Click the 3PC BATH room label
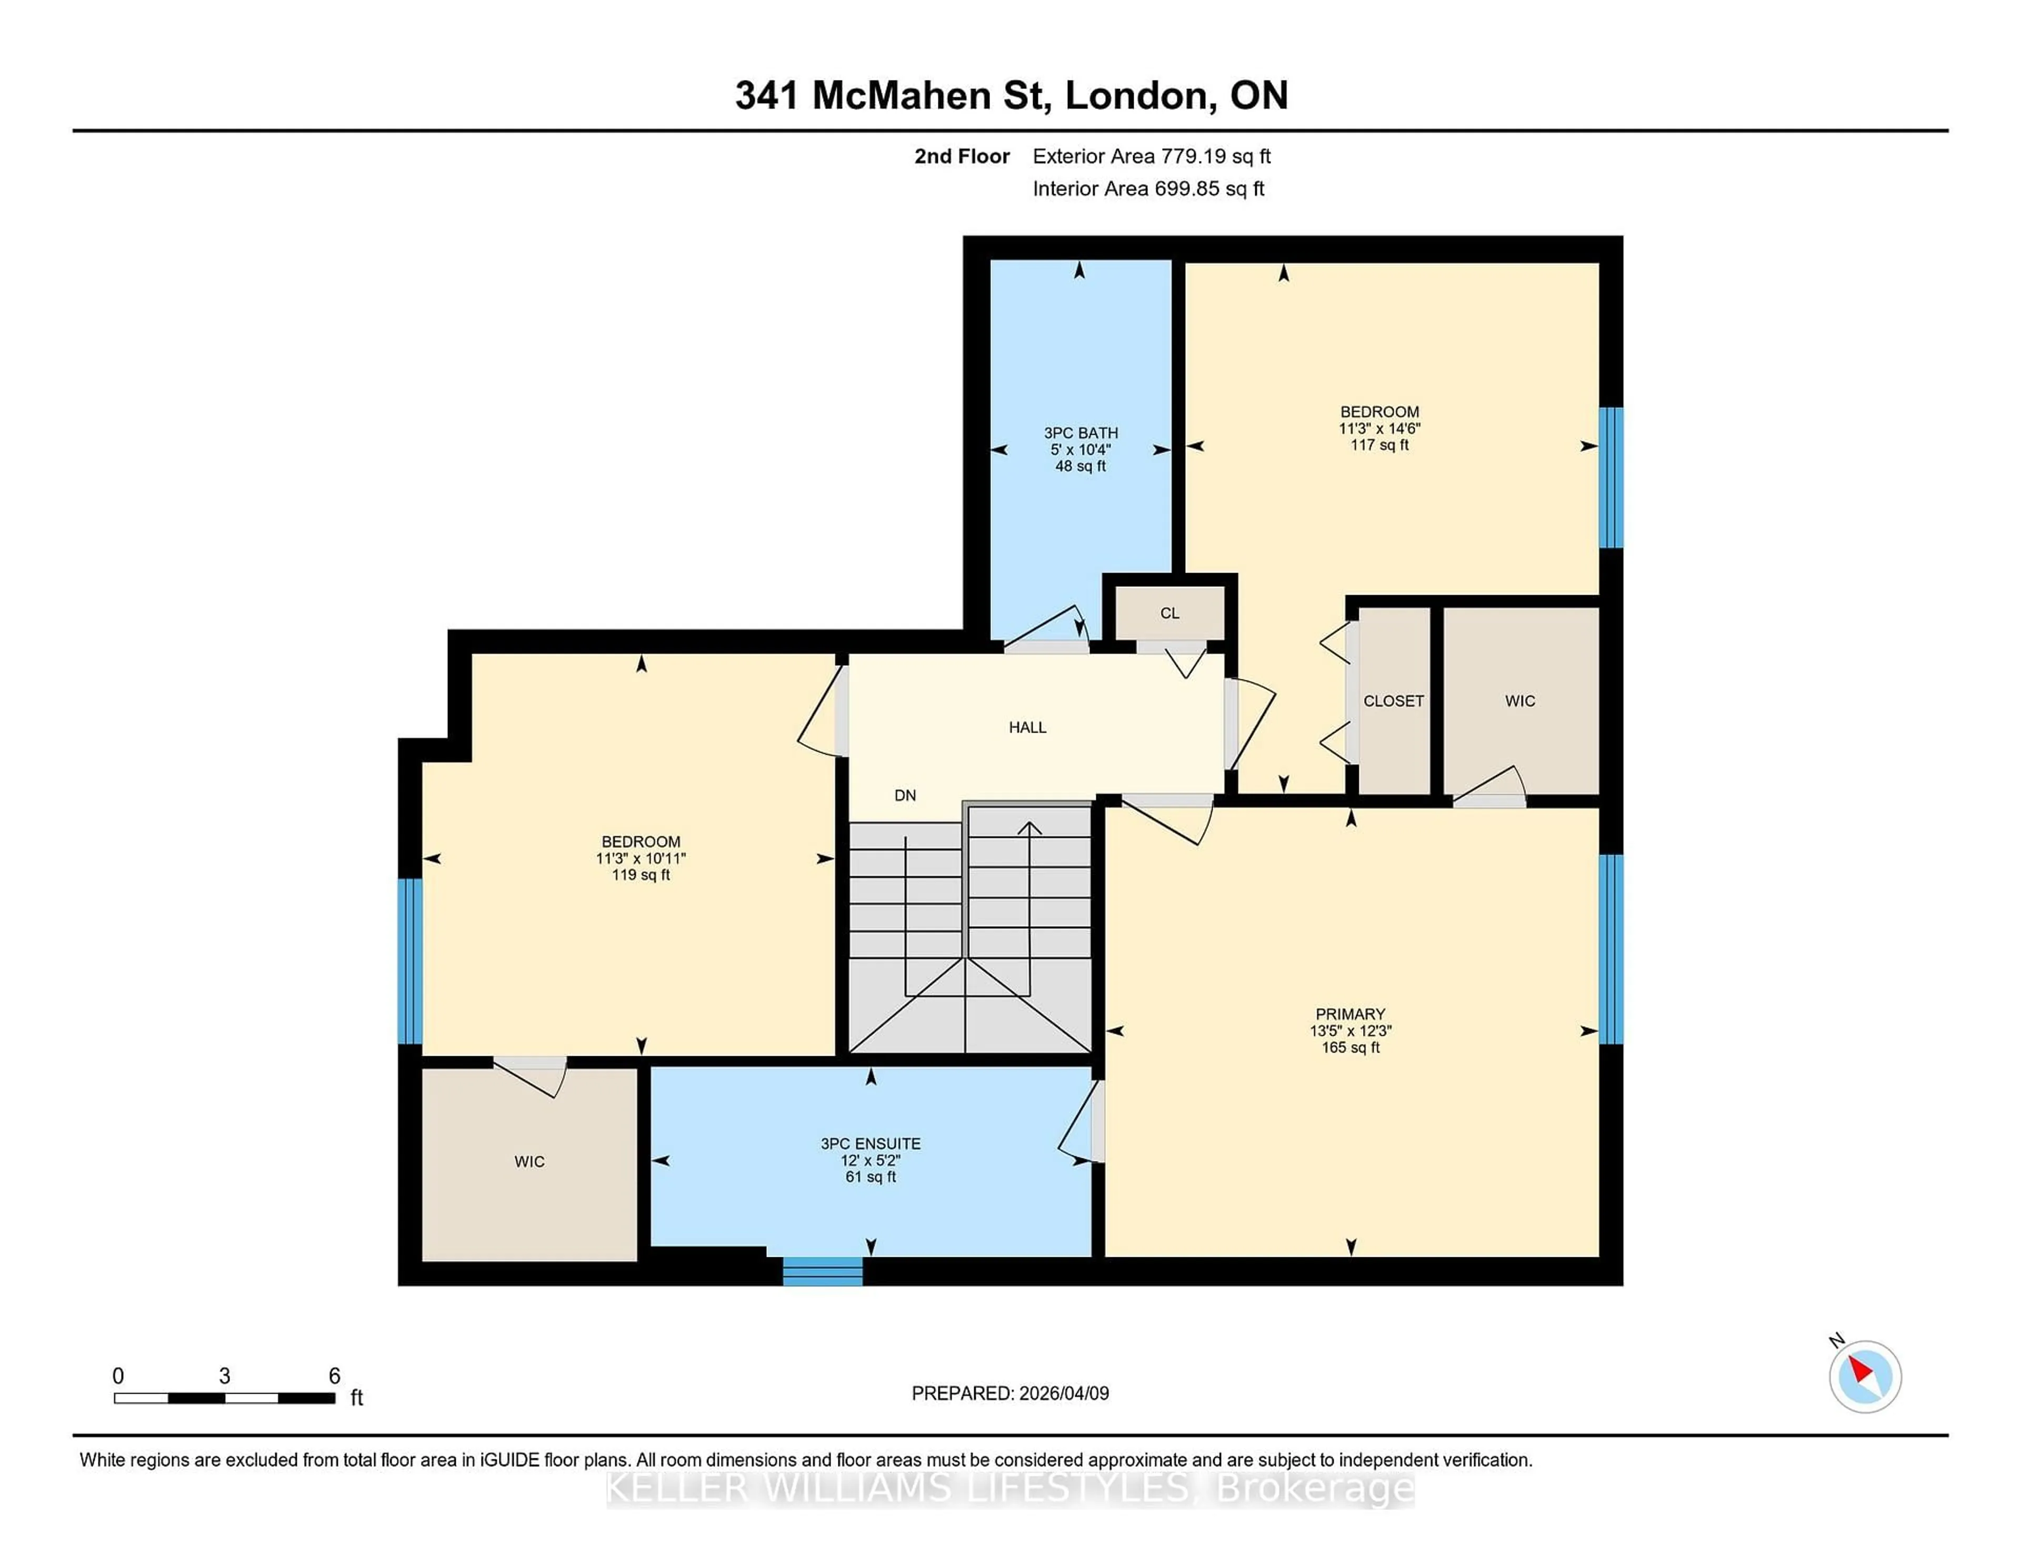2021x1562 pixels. coord(1080,432)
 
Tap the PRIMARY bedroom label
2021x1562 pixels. coord(1350,1014)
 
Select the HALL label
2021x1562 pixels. coord(1027,727)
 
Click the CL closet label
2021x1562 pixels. coord(1169,613)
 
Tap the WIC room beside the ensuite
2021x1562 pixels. coord(529,1162)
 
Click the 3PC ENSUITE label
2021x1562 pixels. coord(870,1144)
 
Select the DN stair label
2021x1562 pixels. coord(905,795)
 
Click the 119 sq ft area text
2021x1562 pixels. coord(641,875)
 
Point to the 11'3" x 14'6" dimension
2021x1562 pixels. coord(1379,428)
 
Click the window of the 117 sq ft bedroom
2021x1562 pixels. coord(1611,477)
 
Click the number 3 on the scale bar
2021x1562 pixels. coord(224,1376)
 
